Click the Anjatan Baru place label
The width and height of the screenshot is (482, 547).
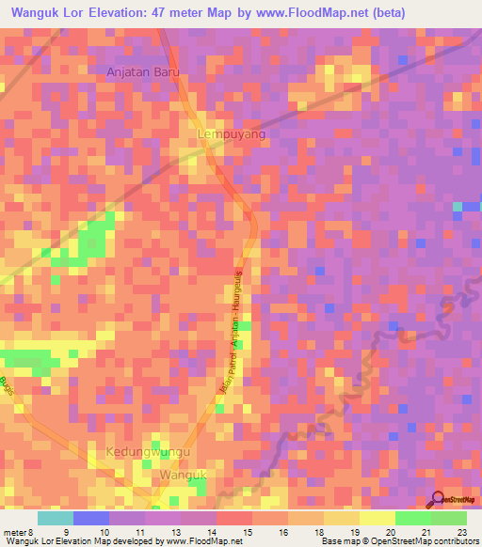click(x=142, y=71)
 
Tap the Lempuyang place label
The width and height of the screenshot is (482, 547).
click(x=232, y=135)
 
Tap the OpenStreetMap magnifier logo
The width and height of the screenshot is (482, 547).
click(x=438, y=499)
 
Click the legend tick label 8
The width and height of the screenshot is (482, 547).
click(x=29, y=531)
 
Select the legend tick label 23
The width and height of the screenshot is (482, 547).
click(x=461, y=531)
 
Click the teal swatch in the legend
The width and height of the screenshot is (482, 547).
click(x=56, y=518)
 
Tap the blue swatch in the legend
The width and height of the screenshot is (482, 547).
click(x=91, y=518)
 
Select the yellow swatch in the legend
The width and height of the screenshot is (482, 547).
click(x=377, y=518)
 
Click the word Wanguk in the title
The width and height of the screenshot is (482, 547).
click(x=37, y=12)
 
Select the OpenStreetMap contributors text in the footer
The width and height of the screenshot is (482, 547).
click(x=421, y=540)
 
